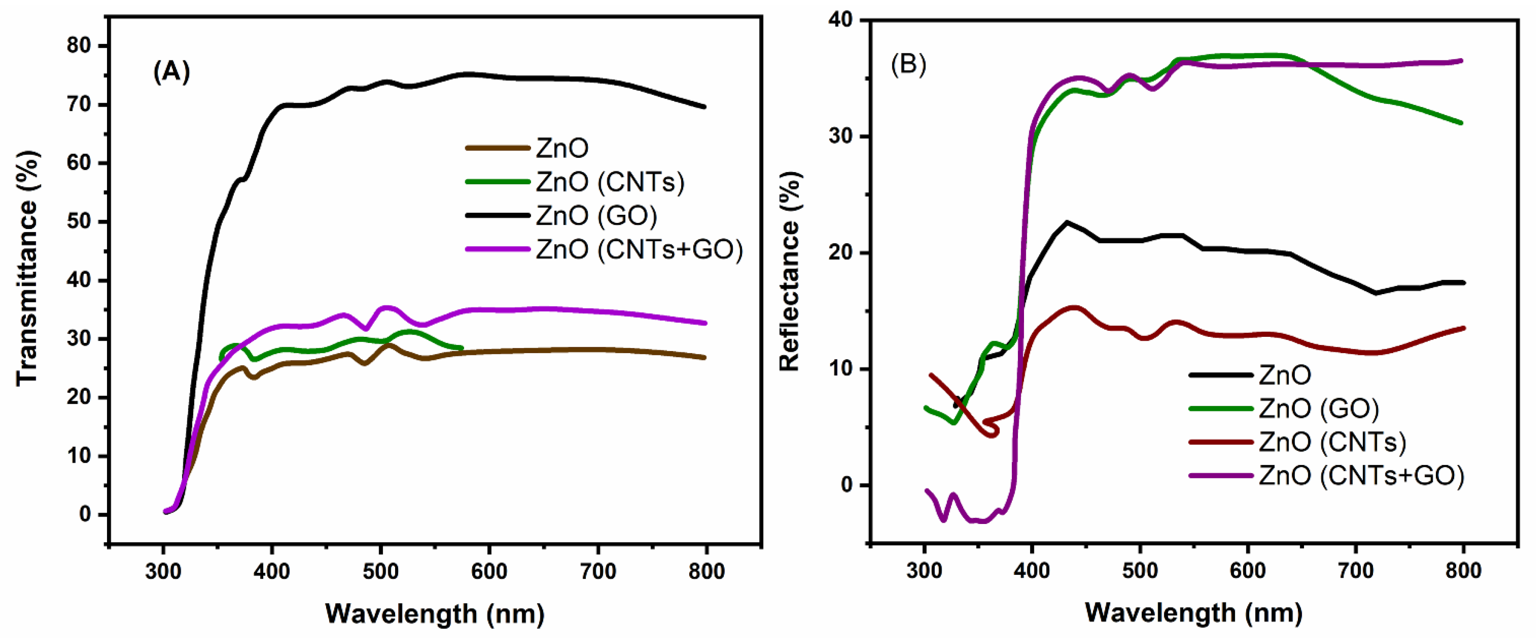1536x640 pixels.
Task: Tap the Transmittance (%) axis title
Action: [x=28, y=268]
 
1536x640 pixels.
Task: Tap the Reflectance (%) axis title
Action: [x=789, y=271]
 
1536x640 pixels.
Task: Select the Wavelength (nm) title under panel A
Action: [x=435, y=613]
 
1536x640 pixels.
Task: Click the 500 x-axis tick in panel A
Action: [x=380, y=571]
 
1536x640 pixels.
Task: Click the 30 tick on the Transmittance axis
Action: [x=79, y=339]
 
